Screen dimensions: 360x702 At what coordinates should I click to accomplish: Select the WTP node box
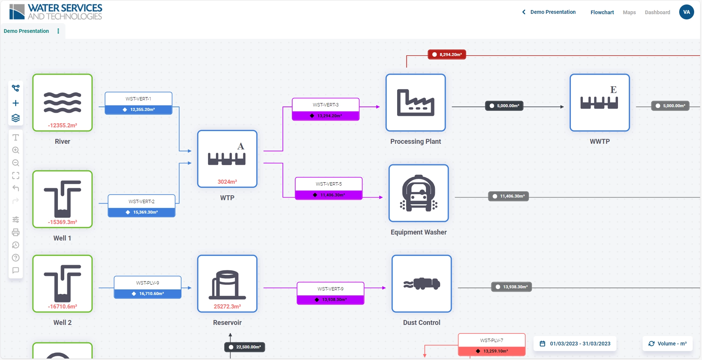[227, 159]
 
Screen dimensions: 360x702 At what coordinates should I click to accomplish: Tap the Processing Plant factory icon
[415, 102]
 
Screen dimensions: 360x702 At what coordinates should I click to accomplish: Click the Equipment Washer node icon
[418, 193]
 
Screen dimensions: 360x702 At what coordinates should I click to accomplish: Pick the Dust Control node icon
[421, 283]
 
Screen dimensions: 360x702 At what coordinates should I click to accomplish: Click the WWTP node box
[600, 102]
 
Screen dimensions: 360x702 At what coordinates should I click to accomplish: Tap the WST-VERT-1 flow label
[138, 99]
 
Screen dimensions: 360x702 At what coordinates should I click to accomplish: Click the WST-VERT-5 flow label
[328, 184]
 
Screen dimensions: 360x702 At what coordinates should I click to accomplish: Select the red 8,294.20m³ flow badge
[447, 55]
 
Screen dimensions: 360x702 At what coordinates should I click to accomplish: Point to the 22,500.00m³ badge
[245, 347]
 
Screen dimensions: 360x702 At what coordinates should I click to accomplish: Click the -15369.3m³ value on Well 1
[62, 222]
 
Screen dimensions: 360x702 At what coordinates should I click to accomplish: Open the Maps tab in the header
[629, 12]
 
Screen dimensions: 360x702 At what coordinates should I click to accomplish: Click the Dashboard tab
[657, 12]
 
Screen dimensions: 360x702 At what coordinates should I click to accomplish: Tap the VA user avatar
[686, 12]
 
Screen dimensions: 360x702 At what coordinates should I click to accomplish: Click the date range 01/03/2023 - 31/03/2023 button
[575, 344]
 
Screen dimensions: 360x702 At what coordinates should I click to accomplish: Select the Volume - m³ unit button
[667, 344]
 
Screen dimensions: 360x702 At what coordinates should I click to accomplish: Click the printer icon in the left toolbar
[16, 232]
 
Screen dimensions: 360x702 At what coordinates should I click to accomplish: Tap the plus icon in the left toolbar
[16, 103]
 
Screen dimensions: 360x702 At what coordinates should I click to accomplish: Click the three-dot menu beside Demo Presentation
[58, 31]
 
